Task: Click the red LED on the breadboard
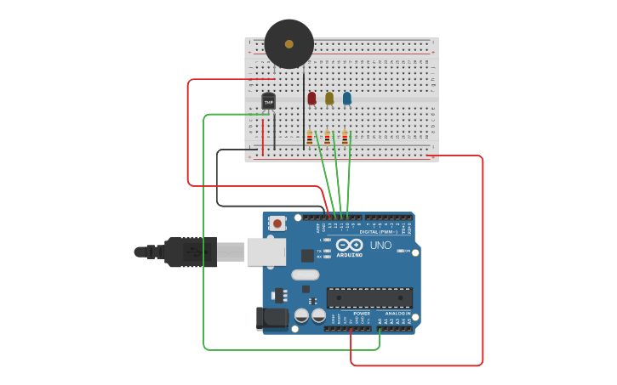(311, 99)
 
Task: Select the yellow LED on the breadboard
(329, 99)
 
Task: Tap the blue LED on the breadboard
(347, 99)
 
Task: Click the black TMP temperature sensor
(269, 102)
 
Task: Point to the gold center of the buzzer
(289, 44)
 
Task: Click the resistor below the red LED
(310, 137)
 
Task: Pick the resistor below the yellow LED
(327, 137)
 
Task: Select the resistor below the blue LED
(345, 137)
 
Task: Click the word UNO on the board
(380, 246)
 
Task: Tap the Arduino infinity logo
(349, 245)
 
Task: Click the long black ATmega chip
(369, 297)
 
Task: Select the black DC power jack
(271, 319)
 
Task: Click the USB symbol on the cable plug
(195, 252)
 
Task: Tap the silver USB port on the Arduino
(266, 252)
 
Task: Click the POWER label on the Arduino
(362, 314)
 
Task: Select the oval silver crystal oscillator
(305, 275)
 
